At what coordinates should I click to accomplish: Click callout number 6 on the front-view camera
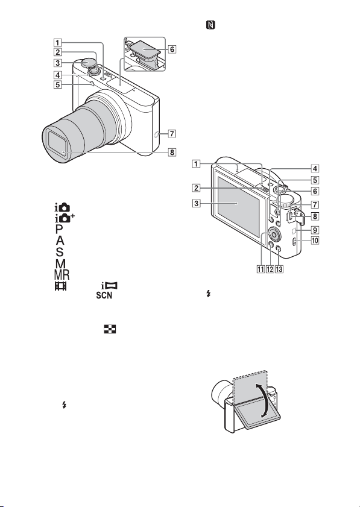(x=172, y=49)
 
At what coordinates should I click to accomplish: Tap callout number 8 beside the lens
(x=172, y=152)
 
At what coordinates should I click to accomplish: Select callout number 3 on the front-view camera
(x=57, y=63)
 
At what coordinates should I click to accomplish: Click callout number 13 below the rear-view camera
(x=279, y=269)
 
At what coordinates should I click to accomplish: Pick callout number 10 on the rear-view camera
(x=315, y=241)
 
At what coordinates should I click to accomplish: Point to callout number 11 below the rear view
(x=261, y=269)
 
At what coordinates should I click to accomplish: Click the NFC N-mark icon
(x=211, y=25)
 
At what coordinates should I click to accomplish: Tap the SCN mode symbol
(x=104, y=295)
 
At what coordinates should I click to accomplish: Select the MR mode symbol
(x=62, y=275)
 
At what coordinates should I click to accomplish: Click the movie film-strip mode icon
(x=60, y=286)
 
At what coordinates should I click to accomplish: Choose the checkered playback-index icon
(x=110, y=329)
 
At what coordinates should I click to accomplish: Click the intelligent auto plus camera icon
(x=65, y=218)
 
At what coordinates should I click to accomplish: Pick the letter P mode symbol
(x=59, y=229)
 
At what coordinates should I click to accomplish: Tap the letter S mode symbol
(x=60, y=251)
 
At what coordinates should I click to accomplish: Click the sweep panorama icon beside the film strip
(x=109, y=286)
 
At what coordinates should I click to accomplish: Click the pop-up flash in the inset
(x=145, y=48)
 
